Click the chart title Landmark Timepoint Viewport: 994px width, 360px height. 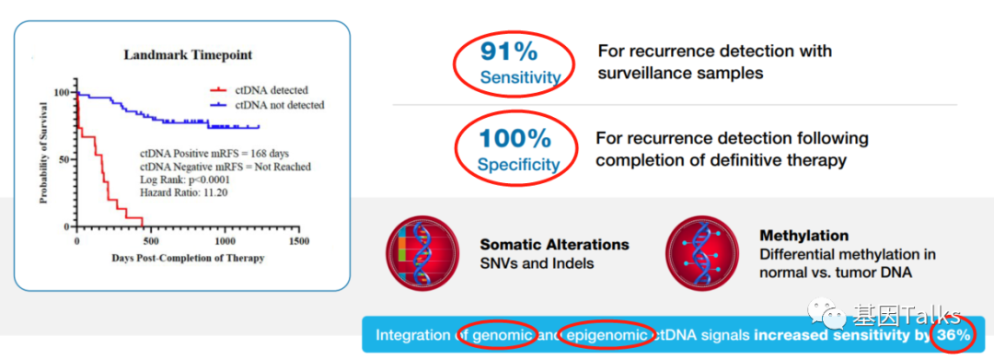click(x=188, y=55)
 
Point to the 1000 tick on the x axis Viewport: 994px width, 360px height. click(x=225, y=241)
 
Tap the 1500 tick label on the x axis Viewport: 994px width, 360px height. click(x=298, y=241)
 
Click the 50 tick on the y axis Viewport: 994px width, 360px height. click(x=64, y=159)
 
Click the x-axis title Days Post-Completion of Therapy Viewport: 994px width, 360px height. click(x=188, y=258)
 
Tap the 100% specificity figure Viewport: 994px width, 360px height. click(x=514, y=138)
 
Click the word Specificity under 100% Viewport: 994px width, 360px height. click(x=518, y=165)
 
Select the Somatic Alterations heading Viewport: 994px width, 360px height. click(x=555, y=245)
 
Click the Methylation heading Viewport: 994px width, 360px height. click(x=803, y=236)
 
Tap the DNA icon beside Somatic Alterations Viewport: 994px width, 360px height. click(x=422, y=253)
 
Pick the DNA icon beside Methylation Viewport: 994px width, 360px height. click(x=702, y=253)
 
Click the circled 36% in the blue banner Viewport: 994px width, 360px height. click(x=953, y=334)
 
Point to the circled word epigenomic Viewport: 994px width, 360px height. click(x=607, y=335)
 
